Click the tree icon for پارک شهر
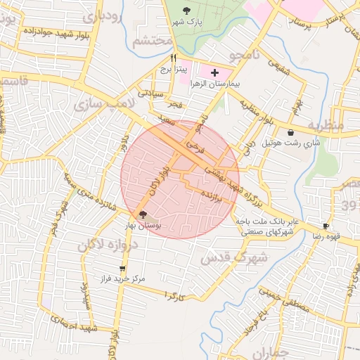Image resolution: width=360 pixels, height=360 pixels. point(186,11)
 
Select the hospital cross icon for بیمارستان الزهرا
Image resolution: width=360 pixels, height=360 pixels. point(214,72)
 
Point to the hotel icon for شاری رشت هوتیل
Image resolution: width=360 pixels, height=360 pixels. point(290,132)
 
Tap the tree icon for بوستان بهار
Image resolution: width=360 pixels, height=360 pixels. point(143,214)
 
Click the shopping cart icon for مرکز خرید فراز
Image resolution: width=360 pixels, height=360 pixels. point(123,268)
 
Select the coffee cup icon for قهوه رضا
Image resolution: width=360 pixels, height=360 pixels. point(326,226)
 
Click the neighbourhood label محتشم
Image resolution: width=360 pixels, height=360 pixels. point(152,41)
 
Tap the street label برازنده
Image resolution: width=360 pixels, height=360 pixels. point(217,197)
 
